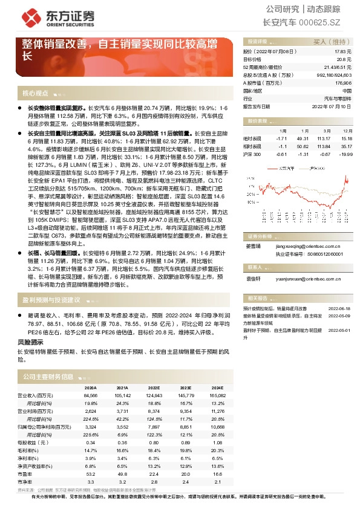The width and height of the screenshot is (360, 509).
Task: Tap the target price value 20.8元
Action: [344, 60]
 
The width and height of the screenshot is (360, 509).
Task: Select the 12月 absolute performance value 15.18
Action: [345, 138]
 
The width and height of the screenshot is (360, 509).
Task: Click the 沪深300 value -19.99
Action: [345, 154]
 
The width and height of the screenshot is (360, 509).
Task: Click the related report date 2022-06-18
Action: [339, 308]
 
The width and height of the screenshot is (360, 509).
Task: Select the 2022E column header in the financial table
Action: [154, 387]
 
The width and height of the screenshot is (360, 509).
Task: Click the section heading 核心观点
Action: [35, 93]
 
